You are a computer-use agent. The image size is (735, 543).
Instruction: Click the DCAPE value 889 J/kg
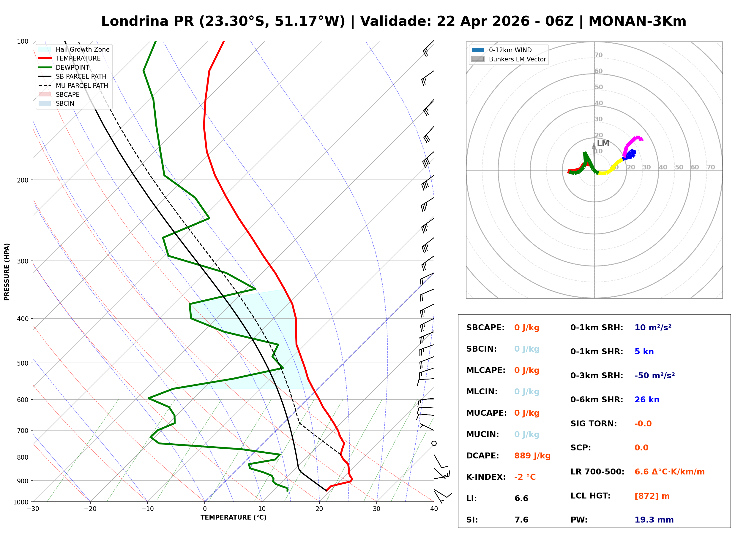tap(532, 455)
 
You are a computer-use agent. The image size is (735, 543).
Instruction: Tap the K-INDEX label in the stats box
tap(486, 477)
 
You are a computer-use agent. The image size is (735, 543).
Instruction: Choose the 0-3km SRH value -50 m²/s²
tap(654, 375)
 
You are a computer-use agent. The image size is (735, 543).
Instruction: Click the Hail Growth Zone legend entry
tap(82, 49)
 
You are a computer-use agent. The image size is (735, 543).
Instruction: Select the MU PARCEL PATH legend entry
tap(82, 85)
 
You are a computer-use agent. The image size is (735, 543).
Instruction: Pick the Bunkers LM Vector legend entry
tap(517, 59)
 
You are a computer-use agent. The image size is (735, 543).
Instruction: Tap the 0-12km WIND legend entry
tap(510, 50)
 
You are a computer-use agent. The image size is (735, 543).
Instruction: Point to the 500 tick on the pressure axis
tap(22, 363)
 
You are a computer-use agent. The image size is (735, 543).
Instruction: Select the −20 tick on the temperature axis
tap(90, 509)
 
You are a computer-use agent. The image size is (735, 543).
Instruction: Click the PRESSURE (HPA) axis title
tap(7, 271)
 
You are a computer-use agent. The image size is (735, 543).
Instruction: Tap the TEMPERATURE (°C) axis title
tap(233, 517)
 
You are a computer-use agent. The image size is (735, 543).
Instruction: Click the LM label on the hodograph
tap(603, 143)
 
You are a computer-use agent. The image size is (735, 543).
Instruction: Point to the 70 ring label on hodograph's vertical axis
tap(598, 55)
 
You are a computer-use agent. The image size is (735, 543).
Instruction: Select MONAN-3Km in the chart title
tap(637, 21)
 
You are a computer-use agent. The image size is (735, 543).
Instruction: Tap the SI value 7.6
tap(521, 520)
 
